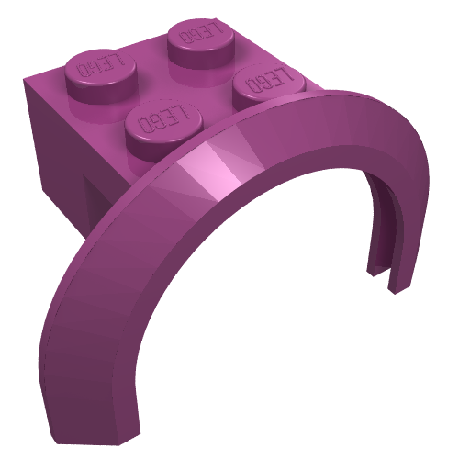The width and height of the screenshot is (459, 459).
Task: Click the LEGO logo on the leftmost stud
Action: pyautogui.click(x=101, y=65)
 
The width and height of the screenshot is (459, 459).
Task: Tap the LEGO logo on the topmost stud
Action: pyautogui.click(x=201, y=32)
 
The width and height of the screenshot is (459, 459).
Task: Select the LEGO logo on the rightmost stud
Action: pyautogui.click(x=269, y=80)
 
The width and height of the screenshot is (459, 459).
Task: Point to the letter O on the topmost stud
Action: pyautogui.click(x=185, y=37)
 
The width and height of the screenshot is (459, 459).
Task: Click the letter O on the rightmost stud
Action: pyautogui.click(x=252, y=85)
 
